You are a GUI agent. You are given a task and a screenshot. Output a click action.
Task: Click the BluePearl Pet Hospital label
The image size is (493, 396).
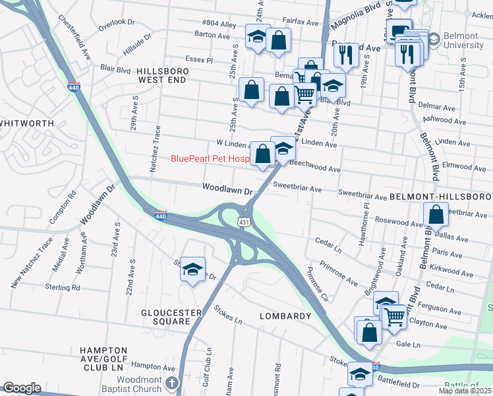(x=210, y=158)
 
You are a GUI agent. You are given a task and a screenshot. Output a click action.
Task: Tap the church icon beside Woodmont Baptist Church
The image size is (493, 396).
(x=172, y=383)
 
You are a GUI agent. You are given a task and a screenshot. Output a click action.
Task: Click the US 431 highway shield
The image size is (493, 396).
(x=244, y=223)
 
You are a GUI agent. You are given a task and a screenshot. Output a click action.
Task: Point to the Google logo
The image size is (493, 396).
(x=21, y=388)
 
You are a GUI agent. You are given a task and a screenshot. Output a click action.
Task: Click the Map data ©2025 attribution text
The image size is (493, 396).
(x=465, y=391)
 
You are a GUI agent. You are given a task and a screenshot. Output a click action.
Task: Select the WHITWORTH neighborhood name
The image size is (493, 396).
(x=26, y=123)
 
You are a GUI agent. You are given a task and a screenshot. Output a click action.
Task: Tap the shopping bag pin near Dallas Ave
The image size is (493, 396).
(x=436, y=215)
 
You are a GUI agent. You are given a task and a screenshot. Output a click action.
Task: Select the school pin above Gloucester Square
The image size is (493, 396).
(x=192, y=270)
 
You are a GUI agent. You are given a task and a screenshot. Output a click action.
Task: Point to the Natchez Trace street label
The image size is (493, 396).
(x=156, y=149)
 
